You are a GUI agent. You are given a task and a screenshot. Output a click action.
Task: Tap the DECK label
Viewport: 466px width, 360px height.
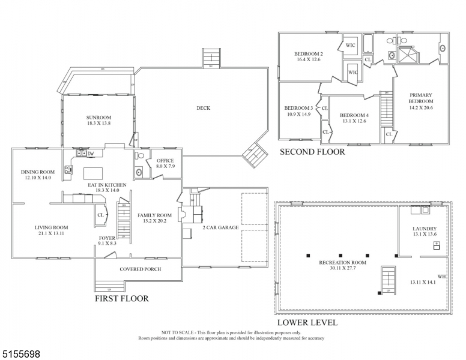click(204, 108)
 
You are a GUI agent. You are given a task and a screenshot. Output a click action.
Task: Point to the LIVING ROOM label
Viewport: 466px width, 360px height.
click(51, 230)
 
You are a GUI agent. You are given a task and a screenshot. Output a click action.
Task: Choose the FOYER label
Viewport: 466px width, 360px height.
click(107, 240)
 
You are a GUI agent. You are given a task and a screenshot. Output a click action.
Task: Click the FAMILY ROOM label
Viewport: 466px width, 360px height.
click(154, 218)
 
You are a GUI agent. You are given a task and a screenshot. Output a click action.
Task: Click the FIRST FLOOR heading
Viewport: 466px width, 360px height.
click(121, 298)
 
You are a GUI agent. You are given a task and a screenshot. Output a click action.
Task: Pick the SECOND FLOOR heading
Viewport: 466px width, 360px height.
click(312, 152)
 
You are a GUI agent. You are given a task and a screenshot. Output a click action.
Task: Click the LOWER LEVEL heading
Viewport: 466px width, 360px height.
click(307, 322)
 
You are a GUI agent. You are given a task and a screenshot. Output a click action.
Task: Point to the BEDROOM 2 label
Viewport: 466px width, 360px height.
click(308, 56)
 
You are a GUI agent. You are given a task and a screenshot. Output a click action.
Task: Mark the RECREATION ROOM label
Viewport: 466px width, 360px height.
click(343, 266)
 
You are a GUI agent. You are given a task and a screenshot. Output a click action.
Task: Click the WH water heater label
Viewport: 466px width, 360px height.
click(441, 277)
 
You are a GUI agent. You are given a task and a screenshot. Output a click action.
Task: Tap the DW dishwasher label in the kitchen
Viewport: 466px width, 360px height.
click(91, 154)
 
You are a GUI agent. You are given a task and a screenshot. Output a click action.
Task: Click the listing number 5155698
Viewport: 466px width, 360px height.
click(21, 354)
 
